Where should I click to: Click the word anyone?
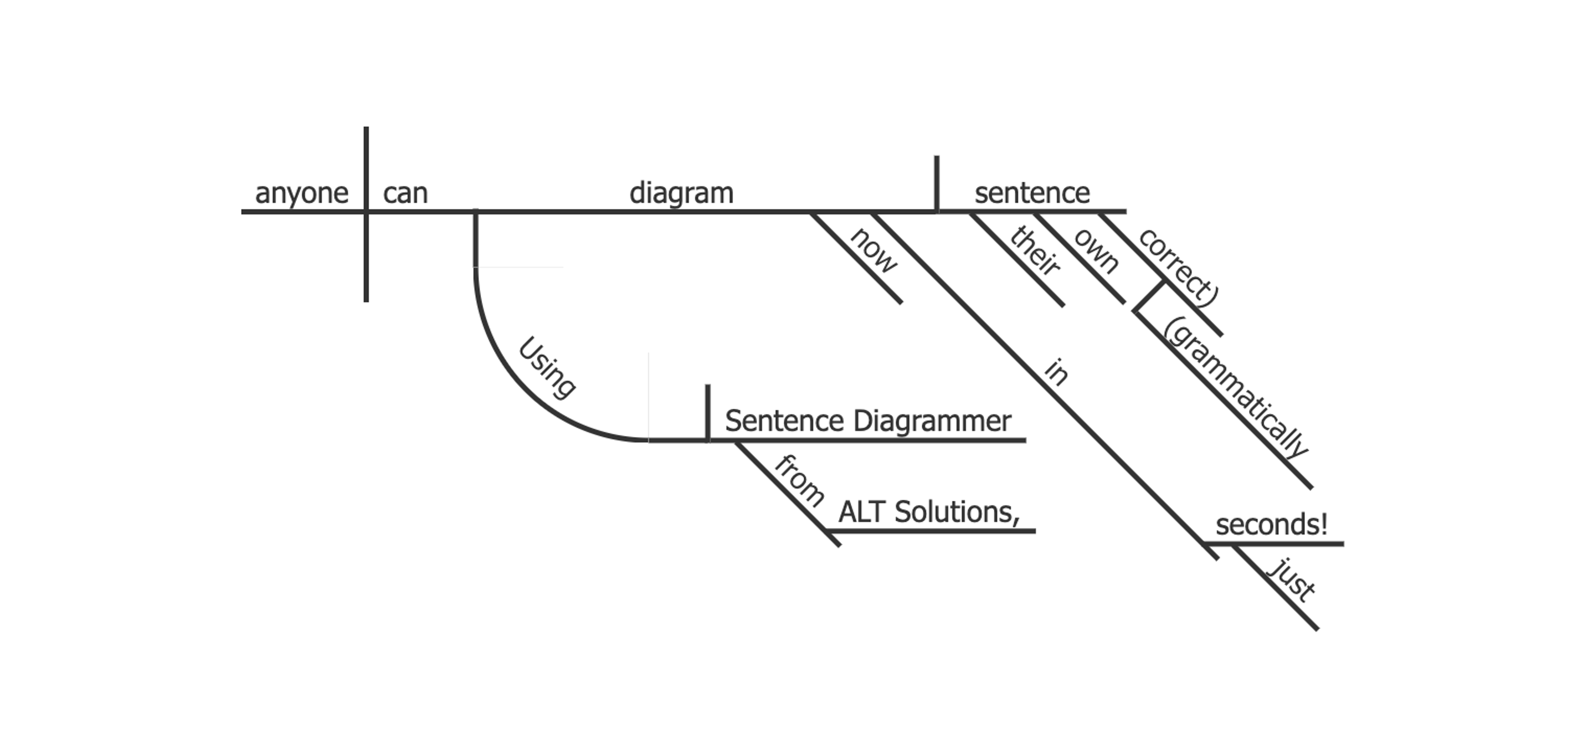click(x=301, y=193)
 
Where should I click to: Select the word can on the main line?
click(x=405, y=193)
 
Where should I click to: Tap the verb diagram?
click(x=681, y=193)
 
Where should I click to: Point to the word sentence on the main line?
click(x=1031, y=193)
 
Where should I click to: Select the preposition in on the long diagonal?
click(x=1056, y=372)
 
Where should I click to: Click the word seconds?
click(x=1271, y=525)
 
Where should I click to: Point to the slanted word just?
click(x=1292, y=579)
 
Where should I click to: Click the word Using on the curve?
click(x=547, y=367)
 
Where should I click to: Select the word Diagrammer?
click(x=932, y=421)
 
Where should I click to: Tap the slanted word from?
click(x=799, y=480)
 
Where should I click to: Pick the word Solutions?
click(x=957, y=512)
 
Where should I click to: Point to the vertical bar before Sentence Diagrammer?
click(x=707, y=413)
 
